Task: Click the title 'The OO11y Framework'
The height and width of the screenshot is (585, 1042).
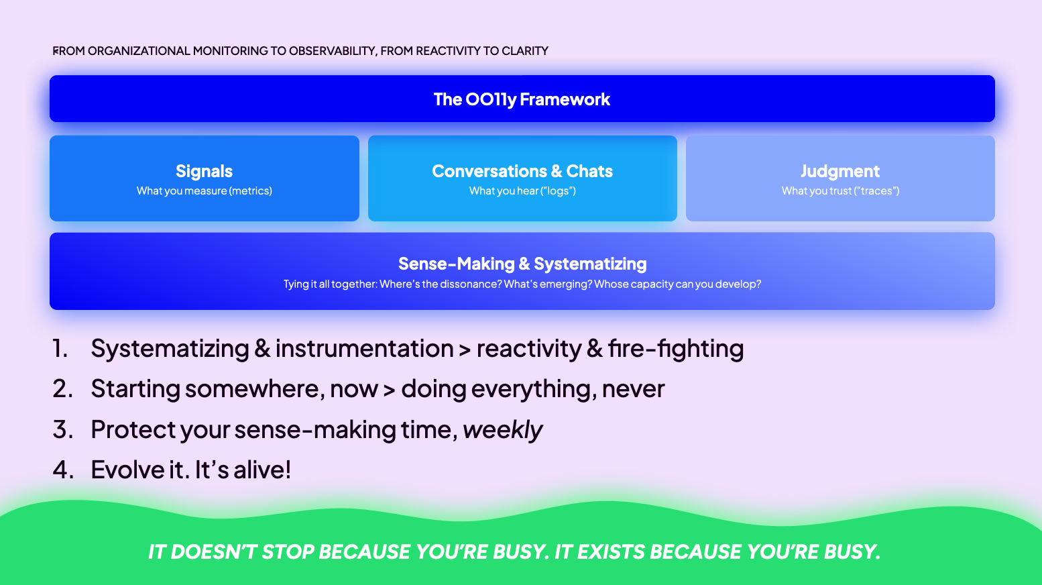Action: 522,99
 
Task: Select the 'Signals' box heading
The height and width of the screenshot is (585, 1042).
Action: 205,171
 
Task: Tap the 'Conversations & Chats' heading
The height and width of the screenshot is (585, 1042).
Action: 522,171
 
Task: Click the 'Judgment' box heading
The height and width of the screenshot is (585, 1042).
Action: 840,171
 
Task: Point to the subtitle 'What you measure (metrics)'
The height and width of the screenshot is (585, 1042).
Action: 205,191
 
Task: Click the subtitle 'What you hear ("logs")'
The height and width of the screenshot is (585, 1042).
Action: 522,191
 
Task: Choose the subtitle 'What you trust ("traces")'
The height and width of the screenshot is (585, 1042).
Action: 840,191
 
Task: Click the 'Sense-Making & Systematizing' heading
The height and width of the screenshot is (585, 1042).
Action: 522,264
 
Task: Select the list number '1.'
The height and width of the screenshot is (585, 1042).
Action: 60,348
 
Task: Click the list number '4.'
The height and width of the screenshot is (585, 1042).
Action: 63,469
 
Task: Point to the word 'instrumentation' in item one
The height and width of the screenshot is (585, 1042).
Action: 364,348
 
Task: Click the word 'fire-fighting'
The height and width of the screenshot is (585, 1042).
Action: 676,349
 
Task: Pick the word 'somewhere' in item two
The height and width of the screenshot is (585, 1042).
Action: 255,388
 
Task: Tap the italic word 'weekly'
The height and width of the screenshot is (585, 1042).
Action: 503,429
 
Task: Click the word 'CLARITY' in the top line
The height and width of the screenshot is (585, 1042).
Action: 525,51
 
